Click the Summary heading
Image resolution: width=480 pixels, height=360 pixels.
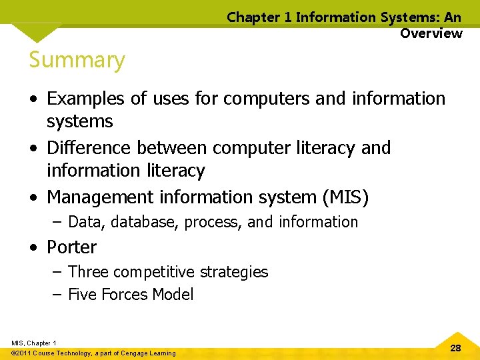[x=77, y=60]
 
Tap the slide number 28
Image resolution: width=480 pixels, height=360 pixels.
[x=456, y=348]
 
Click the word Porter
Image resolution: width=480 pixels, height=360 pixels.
[x=71, y=247]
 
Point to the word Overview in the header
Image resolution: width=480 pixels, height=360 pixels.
[x=431, y=33]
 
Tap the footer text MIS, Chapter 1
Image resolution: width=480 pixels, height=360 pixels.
[x=33, y=343]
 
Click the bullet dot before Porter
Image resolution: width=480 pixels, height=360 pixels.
[x=33, y=248]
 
